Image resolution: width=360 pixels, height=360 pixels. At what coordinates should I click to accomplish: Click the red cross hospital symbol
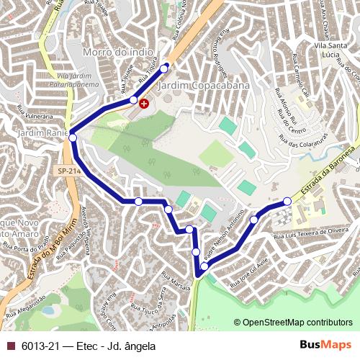click(144, 104)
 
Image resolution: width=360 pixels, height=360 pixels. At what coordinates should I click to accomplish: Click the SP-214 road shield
click(62, 170)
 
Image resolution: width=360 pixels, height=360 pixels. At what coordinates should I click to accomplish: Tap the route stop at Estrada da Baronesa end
click(287, 201)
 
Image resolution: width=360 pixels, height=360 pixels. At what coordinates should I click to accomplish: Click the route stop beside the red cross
click(133, 99)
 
